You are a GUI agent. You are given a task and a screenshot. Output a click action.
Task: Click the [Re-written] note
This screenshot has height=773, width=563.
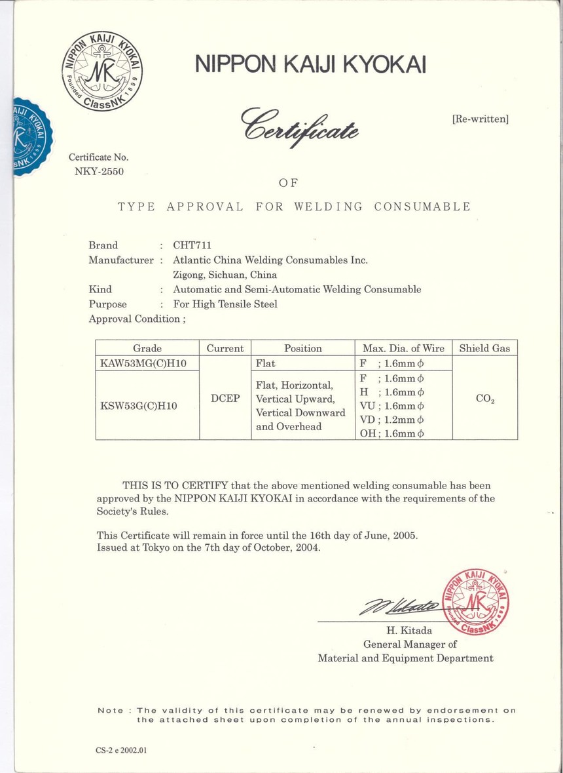point(480,119)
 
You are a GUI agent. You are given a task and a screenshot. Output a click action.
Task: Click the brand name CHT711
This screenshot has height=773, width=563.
point(192,246)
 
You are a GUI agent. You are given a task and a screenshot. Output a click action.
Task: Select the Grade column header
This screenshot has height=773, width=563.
point(147,348)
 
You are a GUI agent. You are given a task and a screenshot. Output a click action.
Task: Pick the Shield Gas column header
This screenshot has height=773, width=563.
point(484,348)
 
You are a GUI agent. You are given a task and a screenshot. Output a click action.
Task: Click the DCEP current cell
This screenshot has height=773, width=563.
point(225,399)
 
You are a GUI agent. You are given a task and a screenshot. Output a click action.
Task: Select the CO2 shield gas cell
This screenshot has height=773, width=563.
point(484,399)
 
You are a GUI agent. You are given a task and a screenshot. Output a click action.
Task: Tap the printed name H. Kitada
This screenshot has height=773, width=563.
point(409,631)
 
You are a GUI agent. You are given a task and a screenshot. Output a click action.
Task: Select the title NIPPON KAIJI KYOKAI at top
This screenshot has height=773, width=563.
point(310,64)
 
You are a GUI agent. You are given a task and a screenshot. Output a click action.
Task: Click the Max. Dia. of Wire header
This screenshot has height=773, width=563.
point(403,348)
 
